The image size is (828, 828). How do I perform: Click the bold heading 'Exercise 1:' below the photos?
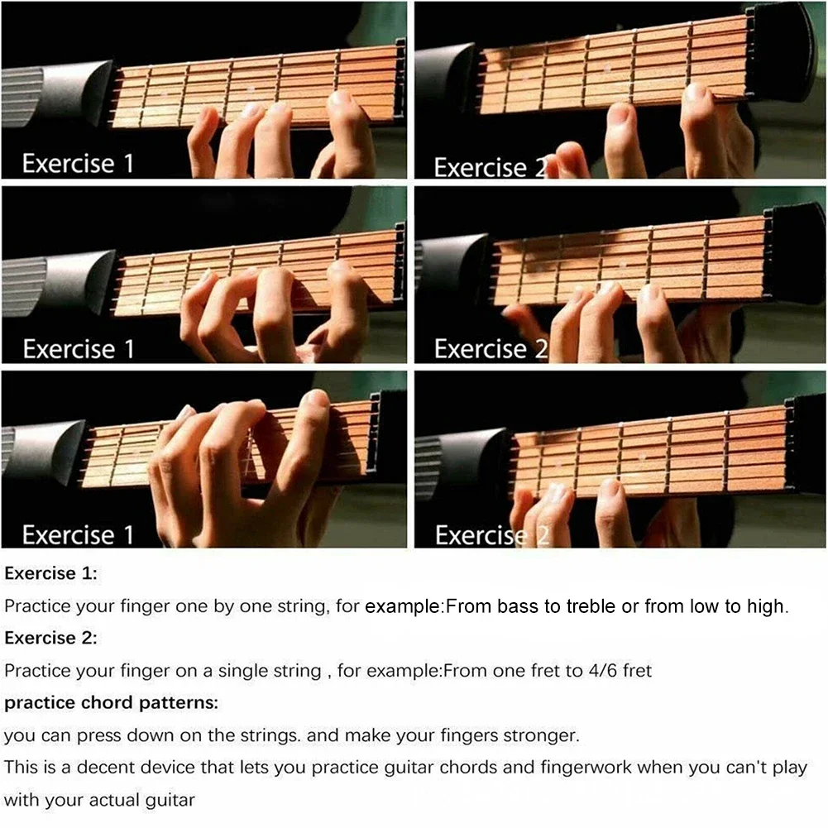tap(50, 573)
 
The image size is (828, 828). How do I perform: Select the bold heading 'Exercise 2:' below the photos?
tap(50, 638)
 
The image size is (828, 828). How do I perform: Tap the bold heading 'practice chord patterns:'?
tap(112, 703)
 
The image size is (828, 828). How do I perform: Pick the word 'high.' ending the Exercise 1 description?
tap(768, 607)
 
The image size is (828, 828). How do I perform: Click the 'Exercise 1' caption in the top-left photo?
tap(78, 164)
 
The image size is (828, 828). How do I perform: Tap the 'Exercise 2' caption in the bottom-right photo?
tap(492, 535)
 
